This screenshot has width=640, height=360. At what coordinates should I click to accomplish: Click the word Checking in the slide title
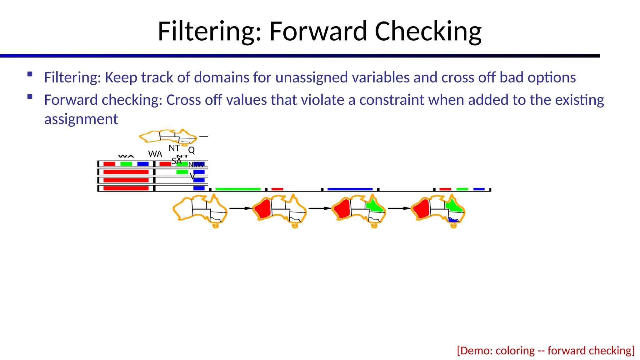point(428,32)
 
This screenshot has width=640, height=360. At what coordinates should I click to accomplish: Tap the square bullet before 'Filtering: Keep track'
point(30,74)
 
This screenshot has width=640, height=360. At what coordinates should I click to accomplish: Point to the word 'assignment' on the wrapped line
point(81,119)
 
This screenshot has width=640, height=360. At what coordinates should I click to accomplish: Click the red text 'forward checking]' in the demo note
point(591,351)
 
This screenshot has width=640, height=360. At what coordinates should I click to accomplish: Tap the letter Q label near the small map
point(192,150)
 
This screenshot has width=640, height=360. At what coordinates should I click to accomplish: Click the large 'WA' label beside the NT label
point(155,154)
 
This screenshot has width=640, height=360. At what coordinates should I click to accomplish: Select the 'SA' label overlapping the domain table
point(177,161)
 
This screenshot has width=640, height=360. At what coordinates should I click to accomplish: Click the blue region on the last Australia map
point(452,220)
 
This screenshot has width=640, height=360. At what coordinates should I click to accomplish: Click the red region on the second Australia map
point(263,208)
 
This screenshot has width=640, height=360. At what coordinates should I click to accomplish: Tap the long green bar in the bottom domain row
point(238,189)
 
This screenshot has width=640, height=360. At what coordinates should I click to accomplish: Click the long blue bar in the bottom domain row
point(350,189)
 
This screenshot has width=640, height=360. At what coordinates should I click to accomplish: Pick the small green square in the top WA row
point(126,164)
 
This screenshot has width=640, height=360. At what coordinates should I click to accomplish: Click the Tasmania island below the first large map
point(215,226)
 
